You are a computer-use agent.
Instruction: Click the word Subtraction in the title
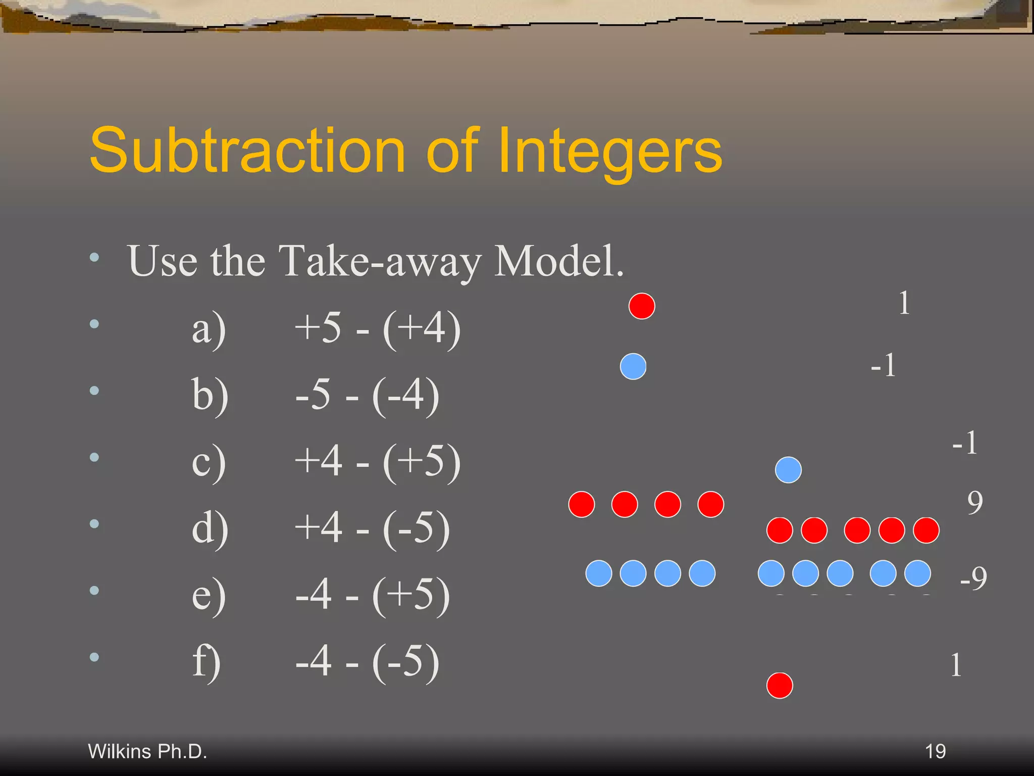click(247, 150)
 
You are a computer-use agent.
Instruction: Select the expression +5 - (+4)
click(377, 328)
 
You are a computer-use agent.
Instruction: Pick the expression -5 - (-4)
click(367, 395)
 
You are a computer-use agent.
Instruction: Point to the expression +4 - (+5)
click(377, 462)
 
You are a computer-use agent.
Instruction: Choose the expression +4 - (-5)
click(372, 528)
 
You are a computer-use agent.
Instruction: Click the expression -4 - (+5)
click(372, 595)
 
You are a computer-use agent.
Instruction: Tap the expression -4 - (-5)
click(367, 662)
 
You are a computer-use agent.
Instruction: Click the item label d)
click(210, 528)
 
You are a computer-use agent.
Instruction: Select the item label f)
click(206, 662)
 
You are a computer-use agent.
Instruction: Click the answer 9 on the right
click(975, 503)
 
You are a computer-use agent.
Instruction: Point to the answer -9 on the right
click(973, 577)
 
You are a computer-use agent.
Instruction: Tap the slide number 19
click(935, 751)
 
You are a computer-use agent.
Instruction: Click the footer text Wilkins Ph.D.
click(147, 751)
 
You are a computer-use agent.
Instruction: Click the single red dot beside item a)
click(642, 306)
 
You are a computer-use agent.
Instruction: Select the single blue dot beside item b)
click(633, 366)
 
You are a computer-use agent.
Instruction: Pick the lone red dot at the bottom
click(780, 686)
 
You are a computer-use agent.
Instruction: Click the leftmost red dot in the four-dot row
click(582, 504)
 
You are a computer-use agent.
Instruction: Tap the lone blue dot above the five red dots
click(788, 470)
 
